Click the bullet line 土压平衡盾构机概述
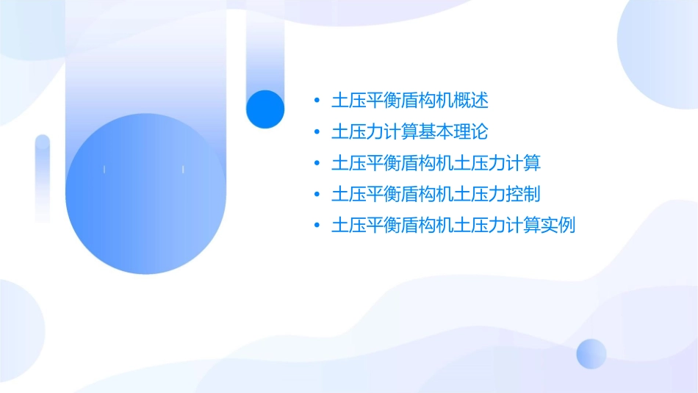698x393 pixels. tap(410, 101)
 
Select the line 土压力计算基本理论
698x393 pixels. tap(410, 132)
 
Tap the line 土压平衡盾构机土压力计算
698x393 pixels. tap(436, 163)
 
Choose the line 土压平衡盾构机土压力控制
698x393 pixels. tap(436, 195)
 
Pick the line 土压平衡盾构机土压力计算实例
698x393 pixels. tap(453, 226)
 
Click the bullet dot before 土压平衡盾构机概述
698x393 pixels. tap(316, 101)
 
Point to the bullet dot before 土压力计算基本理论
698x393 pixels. tap(316, 132)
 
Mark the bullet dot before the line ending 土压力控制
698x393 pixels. tap(316, 195)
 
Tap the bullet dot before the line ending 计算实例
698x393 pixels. tap(316, 226)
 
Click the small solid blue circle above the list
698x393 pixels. tap(265, 109)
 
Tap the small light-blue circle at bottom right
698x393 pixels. tap(591, 353)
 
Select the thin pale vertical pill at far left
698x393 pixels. tap(43, 178)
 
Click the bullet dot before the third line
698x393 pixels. tap(316, 163)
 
